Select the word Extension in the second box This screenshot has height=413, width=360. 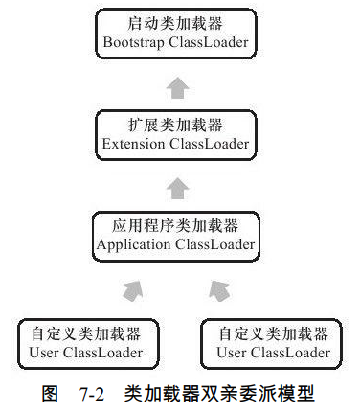pos(135,144)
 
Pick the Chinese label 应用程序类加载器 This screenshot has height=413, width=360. pos(175,226)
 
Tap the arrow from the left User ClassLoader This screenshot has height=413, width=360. pos(132,289)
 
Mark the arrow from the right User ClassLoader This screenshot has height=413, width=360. pos(219,289)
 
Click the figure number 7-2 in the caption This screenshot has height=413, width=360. pos(94,393)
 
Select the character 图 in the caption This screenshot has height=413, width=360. pos(51,393)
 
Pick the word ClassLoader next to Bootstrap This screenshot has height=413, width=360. pos(211,43)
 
